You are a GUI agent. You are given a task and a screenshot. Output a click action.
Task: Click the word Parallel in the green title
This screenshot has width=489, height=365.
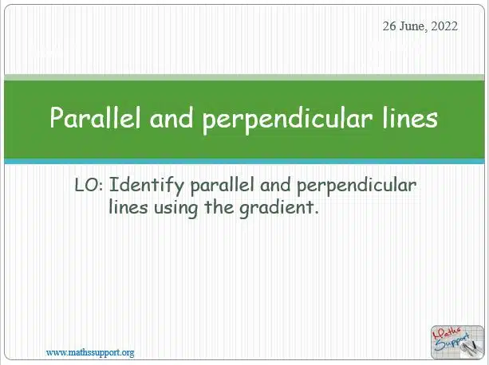point(95,117)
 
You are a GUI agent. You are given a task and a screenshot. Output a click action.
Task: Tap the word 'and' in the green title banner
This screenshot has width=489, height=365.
point(172,117)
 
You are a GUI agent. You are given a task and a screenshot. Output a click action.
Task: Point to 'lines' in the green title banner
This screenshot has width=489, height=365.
point(410,117)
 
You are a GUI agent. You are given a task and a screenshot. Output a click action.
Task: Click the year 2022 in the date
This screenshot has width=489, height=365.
point(444,26)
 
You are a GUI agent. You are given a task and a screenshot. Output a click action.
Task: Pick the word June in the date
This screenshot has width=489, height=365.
point(413,26)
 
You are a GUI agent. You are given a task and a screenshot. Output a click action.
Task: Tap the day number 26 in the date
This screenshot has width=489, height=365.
point(389,26)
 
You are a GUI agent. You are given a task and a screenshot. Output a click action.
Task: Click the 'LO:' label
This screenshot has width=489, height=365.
point(89,185)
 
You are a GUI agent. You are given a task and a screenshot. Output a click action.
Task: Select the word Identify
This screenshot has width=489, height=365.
point(147,186)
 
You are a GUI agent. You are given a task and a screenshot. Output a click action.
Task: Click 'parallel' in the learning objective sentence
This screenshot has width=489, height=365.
point(222,186)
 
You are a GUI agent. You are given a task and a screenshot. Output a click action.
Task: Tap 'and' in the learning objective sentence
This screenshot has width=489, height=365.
point(275,185)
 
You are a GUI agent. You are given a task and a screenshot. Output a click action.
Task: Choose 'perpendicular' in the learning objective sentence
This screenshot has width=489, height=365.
point(357,186)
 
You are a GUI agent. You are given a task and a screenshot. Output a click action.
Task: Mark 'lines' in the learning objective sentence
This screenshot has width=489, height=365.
point(128,207)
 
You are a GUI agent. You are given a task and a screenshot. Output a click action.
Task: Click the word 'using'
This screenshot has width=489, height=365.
point(175,209)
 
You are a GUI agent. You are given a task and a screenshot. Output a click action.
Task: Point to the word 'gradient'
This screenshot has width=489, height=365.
point(279,209)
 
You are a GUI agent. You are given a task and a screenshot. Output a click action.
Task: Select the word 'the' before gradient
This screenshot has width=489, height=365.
point(219,207)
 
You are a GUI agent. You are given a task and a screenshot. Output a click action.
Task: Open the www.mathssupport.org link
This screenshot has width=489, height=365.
point(90,353)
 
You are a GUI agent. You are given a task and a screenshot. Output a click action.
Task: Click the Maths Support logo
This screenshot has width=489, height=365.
point(458,342)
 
